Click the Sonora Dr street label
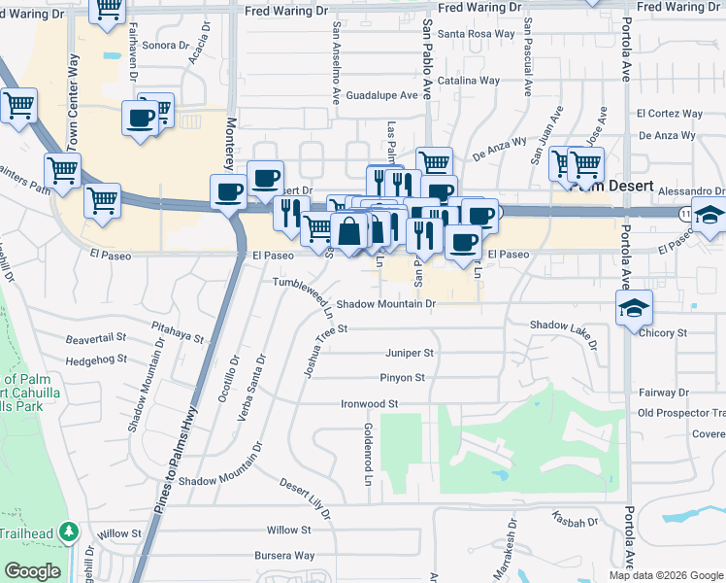point(165,46)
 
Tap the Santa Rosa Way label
point(477,33)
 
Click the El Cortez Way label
point(670,114)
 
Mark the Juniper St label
point(409,353)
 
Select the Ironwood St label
point(370,403)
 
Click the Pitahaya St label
point(178,333)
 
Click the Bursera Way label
point(285,556)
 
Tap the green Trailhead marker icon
point(68,532)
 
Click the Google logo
point(33,571)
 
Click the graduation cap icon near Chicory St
point(634,308)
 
